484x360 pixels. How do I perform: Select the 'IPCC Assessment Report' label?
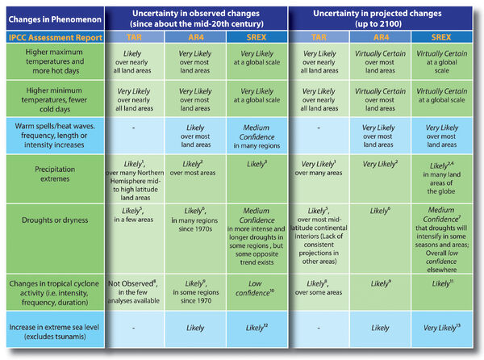tap(53, 37)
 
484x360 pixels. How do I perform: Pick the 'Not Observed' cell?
tap(137, 288)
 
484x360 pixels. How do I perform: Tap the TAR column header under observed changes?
tap(137, 37)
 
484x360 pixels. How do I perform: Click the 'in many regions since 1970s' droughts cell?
tap(198, 218)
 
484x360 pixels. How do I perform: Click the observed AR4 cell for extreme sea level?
tap(198, 330)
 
